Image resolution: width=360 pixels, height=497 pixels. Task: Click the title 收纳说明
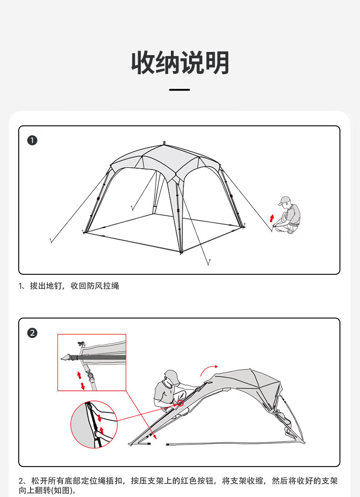pos(180,63)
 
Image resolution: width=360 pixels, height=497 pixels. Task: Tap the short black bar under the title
pos(180,90)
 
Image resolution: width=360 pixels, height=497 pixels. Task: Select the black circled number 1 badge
pos(32,140)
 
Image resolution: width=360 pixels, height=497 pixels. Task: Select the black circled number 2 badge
pos(32,333)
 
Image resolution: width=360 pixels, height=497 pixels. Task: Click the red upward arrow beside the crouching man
pos(272,218)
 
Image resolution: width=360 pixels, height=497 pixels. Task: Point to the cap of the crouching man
pos(284,200)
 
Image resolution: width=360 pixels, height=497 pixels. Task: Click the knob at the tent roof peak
pos(165,143)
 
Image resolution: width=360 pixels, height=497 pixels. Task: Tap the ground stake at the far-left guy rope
pos(51,241)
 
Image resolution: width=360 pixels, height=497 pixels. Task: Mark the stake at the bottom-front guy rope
pos(209,262)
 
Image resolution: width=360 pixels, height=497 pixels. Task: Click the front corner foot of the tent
pos(181,252)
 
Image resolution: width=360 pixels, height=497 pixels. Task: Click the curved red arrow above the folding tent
pos(208,369)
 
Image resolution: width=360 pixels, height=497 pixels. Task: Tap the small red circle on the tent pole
pos(180,403)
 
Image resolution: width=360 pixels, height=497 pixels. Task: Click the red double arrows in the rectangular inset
pos(81,380)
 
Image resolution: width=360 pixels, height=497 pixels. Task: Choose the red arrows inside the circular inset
pos(101,424)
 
